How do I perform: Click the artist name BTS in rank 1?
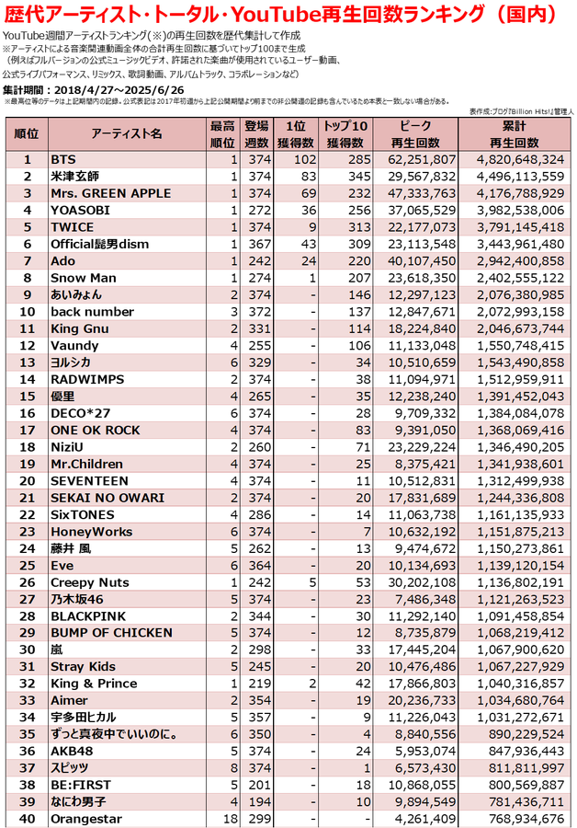pos(63,160)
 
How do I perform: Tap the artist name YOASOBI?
pos(81,211)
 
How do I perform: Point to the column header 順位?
pos(27,134)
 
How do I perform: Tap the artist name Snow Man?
pos(83,278)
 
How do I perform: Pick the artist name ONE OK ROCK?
pos(96,430)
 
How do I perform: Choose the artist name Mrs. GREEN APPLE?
pos(110,193)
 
